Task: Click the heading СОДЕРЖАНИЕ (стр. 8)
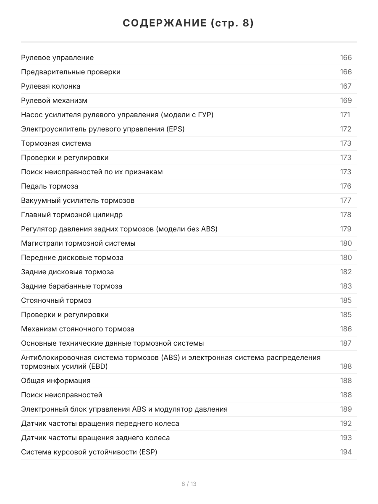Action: coord(189,24)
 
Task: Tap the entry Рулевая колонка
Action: coord(50,86)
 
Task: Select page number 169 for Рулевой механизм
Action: coord(346,100)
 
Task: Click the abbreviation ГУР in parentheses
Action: coord(203,115)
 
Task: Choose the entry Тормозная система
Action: coord(56,143)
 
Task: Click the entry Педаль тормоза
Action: coord(50,186)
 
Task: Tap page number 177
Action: coord(346,200)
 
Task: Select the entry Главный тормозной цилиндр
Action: coord(72,215)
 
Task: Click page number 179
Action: coord(346,229)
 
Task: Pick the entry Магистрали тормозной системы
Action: coord(78,243)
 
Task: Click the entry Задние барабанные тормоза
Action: coord(71,286)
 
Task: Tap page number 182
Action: coord(346,272)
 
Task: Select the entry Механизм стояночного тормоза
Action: coord(78,329)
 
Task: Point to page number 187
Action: coord(346,343)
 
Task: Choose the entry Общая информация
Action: coord(55,381)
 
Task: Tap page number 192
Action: coord(346,423)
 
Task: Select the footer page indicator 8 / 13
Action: coord(189,484)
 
